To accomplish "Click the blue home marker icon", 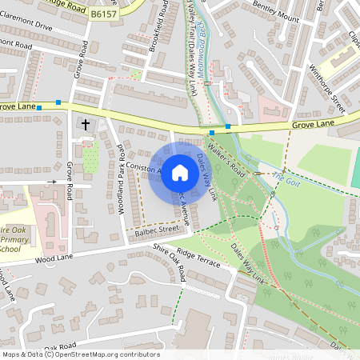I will click(x=180, y=173).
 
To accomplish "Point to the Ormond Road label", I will click(x=16, y=46).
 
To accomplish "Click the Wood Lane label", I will click(x=54, y=258).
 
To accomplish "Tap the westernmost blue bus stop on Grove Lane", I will click(x=38, y=106).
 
